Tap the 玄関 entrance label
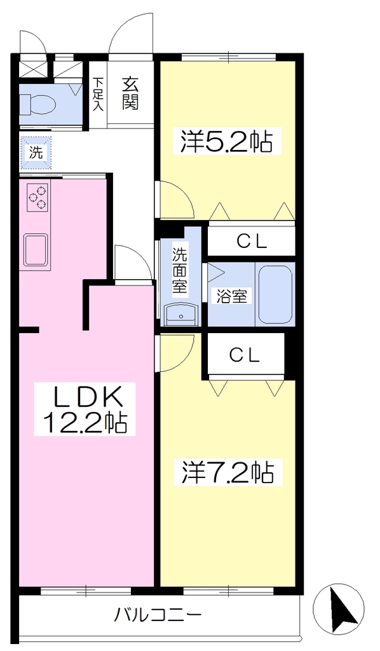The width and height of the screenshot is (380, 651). (x=130, y=94)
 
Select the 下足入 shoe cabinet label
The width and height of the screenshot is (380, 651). (x=97, y=94)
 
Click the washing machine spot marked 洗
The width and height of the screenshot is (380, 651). (x=36, y=153)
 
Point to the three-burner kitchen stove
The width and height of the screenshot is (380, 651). (x=38, y=197)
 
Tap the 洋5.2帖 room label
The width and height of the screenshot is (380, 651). (x=226, y=142)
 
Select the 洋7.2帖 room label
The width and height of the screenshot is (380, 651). (x=227, y=472)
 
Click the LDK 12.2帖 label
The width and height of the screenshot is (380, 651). (x=85, y=409)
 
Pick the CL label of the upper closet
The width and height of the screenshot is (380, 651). (x=252, y=242)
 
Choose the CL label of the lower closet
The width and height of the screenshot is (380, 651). (x=245, y=355)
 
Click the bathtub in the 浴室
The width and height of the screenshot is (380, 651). (x=275, y=295)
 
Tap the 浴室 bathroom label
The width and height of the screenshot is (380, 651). (x=232, y=296)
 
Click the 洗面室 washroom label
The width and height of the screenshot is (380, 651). (x=180, y=271)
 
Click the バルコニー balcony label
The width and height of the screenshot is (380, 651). (x=158, y=613)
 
